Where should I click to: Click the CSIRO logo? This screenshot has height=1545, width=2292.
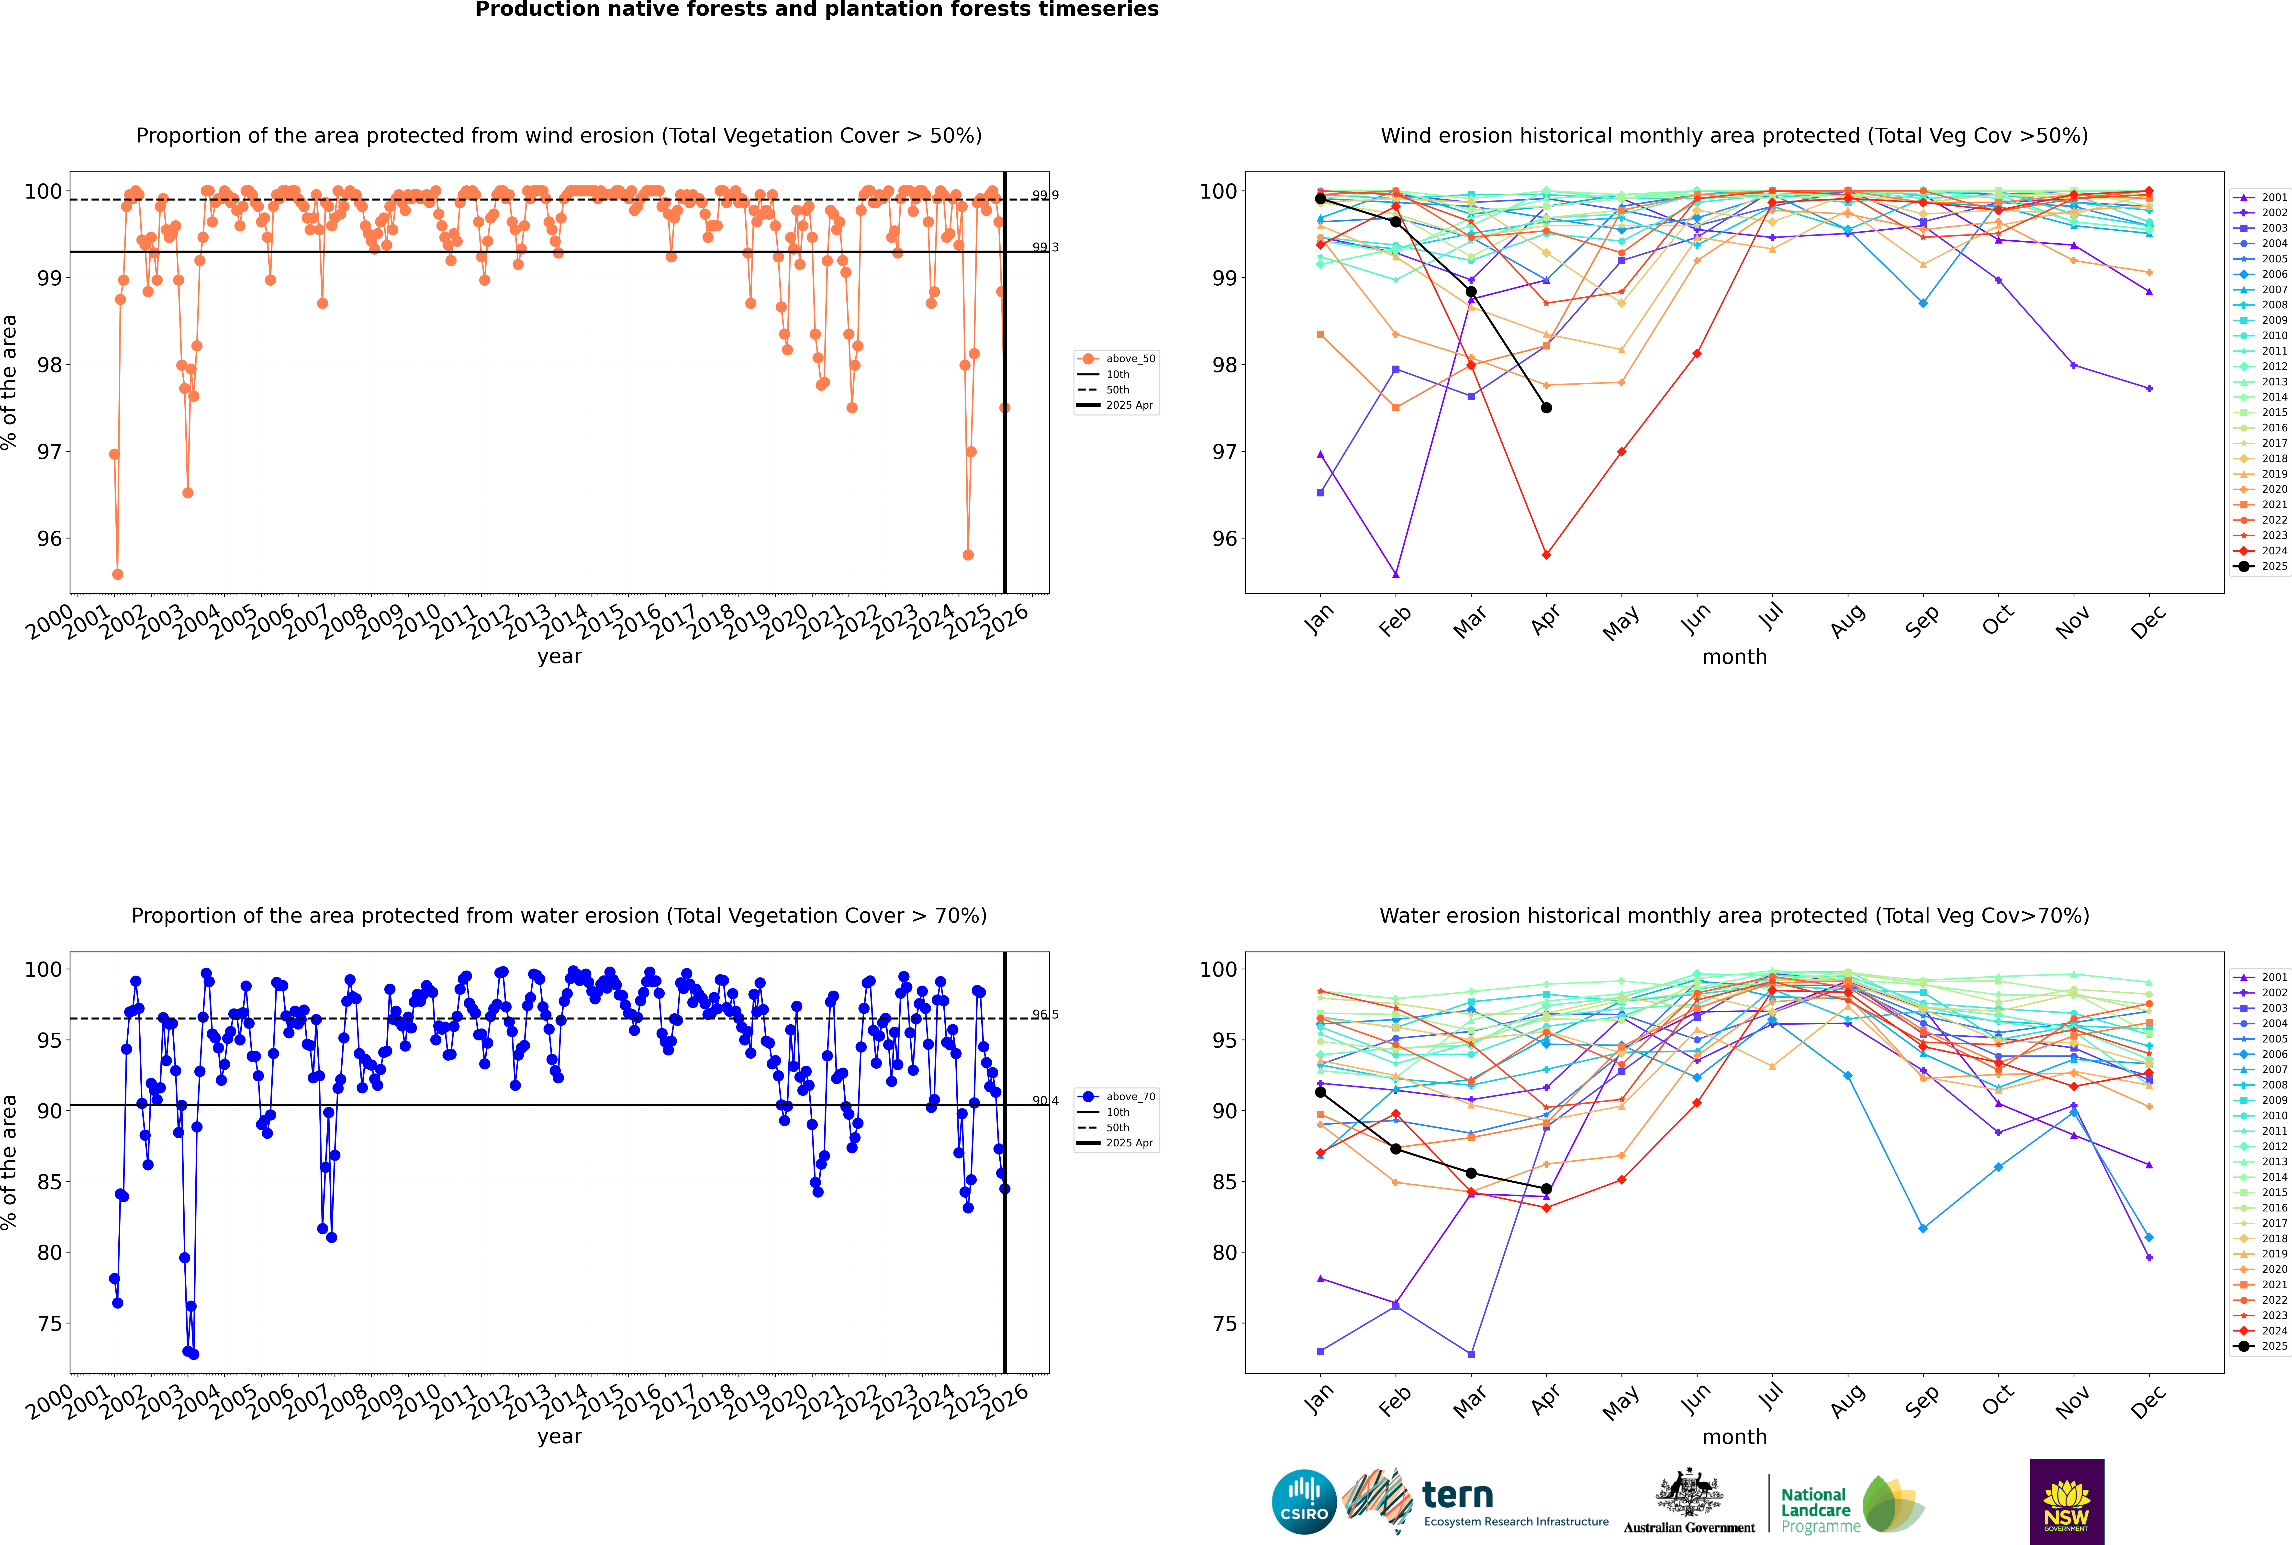[x=1304, y=1503]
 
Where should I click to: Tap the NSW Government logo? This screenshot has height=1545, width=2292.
[x=2066, y=1501]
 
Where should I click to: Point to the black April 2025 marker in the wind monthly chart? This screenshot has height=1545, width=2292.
[x=1546, y=408]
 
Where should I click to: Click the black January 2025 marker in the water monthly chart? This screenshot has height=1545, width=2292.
[x=1320, y=1092]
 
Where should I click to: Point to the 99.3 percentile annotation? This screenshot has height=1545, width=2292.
[x=1044, y=247]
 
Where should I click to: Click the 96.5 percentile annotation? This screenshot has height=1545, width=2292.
[x=1044, y=1014]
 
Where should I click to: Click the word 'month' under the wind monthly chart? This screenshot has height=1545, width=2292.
[x=1734, y=657]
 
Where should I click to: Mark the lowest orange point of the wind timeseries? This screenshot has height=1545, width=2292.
[x=117, y=574]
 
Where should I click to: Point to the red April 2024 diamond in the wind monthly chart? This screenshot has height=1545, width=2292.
[x=1546, y=555]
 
